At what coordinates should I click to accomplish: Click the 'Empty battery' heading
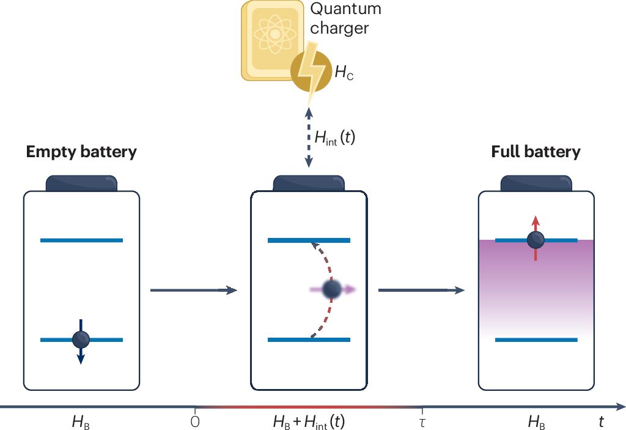click(81, 152)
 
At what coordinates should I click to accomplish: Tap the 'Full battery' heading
click(536, 152)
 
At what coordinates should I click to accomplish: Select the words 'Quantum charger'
click(345, 18)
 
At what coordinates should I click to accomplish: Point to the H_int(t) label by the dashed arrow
click(334, 138)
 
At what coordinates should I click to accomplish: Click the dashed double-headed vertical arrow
click(309, 138)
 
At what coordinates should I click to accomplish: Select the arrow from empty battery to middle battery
click(193, 290)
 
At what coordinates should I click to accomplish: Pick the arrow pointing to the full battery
click(421, 290)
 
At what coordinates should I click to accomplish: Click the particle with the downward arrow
click(81, 339)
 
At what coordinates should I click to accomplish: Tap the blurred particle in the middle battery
click(331, 289)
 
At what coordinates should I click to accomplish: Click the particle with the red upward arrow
click(536, 239)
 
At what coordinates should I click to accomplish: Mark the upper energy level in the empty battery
click(81, 240)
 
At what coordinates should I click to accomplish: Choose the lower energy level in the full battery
click(536, 339)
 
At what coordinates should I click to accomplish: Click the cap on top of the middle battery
click(309, 183)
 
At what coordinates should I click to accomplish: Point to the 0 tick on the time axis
click(195, 421)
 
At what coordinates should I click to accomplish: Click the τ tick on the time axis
click(421, 421)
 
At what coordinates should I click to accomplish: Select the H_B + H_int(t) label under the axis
click(309, 421)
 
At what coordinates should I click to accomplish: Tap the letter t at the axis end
click(602, 421)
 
